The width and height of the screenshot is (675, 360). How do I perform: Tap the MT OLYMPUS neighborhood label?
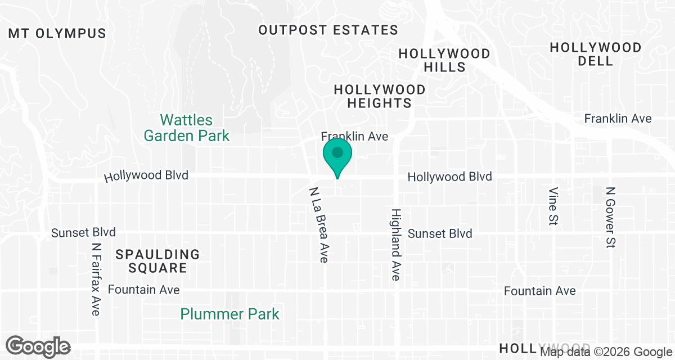tap(57, 33)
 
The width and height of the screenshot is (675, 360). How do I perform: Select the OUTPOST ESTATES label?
tap(328, 30)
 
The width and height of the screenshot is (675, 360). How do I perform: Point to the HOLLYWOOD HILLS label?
tap(444, 60)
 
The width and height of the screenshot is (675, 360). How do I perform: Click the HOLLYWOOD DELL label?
tap(596, 54)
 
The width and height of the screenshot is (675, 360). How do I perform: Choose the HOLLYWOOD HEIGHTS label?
tap(380, 96)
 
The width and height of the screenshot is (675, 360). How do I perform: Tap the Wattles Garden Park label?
tap(187, 128)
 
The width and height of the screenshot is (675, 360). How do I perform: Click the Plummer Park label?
tap(229, 313)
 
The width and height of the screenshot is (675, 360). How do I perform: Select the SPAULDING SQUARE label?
tap(157, 261)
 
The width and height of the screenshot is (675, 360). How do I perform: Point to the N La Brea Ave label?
tap(318, 225)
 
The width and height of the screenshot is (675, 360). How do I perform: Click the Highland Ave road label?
tap(396, 245)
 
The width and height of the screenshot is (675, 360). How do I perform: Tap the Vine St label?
tap(553, 207)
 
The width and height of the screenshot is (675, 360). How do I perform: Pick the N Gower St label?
tap(611, 218)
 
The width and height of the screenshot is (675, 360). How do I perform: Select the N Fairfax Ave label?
tap(97, 279)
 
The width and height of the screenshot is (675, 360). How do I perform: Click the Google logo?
tap(38, 346)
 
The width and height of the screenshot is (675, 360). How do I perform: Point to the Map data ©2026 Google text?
tap(606, 353)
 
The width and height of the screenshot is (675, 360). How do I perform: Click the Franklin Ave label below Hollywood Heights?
tap(354, 136)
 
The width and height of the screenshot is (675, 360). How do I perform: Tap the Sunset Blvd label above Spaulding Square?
tap(83, 232)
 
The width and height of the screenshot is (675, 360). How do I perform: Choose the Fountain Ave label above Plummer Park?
tap(143, 290)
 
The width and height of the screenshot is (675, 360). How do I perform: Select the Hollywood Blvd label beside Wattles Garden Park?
tap(146, 176)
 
